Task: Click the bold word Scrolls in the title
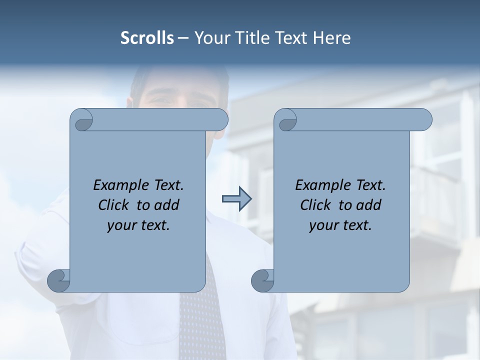147,38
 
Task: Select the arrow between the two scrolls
236,199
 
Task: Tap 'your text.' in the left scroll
138,225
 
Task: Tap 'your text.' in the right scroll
340,225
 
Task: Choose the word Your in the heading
211,38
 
